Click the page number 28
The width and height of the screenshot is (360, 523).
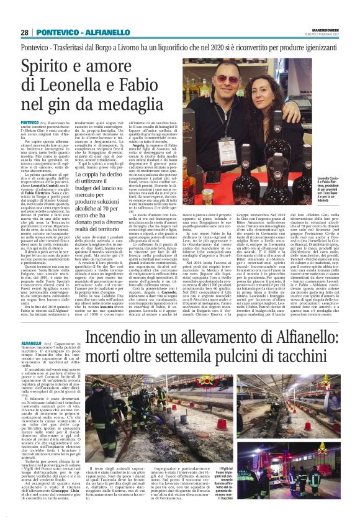coord(24,32)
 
